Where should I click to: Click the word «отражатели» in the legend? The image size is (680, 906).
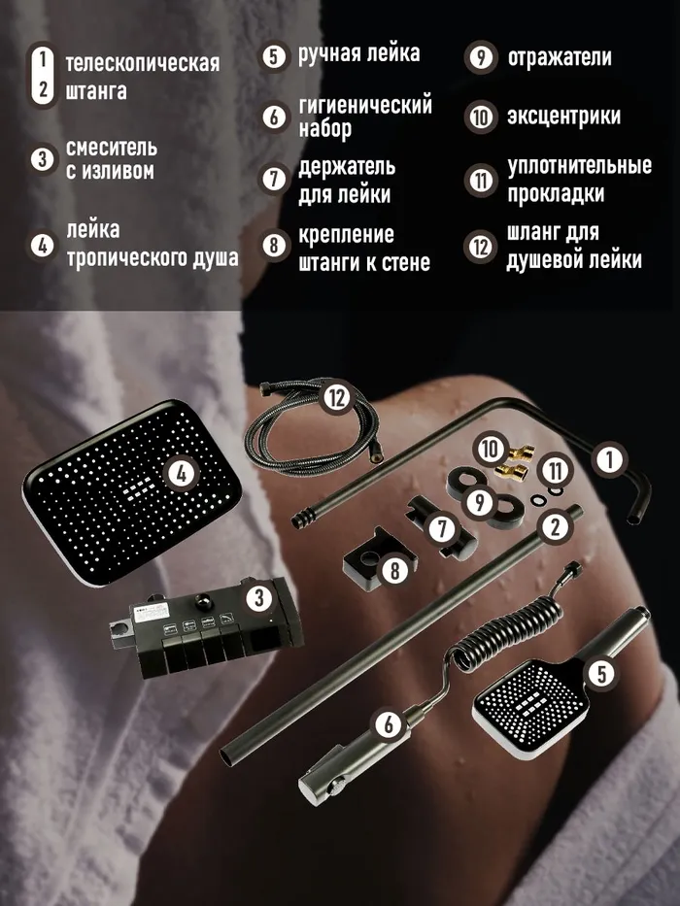coord(560,58)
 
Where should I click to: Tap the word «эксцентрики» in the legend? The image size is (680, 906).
coord(563,117)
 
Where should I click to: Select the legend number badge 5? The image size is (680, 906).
coord(274,56)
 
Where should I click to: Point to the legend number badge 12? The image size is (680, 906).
coord(481,248)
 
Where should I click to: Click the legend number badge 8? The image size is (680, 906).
coord(274,246)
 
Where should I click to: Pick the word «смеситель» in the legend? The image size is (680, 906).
coord(111,148)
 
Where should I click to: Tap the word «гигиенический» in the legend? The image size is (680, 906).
coord(365,105)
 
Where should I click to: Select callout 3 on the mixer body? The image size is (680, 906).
coord(259,598)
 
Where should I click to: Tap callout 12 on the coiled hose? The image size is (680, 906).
coord(337,397)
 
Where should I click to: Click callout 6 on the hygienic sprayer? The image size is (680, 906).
coord(389,724)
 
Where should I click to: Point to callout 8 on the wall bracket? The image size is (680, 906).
coord(394,571)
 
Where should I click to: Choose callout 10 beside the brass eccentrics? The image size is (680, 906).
coord(491,449)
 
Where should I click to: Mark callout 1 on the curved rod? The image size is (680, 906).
coord(609,460)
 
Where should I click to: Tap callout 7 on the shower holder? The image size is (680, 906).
coord(442,528)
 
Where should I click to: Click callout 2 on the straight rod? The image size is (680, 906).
coord(555,527)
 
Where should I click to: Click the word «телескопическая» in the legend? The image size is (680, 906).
coord(143,63)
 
